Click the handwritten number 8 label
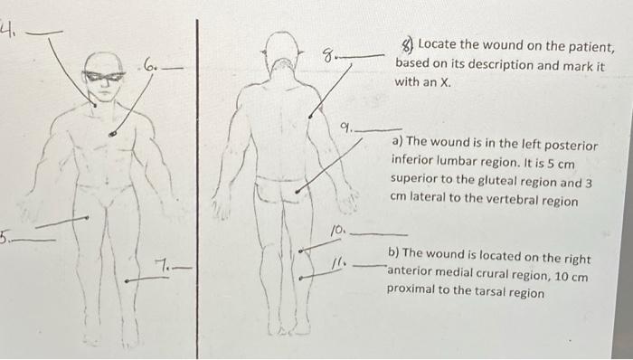pos(329,57)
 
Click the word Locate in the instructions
pos(439,47)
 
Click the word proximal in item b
pos(413,292)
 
